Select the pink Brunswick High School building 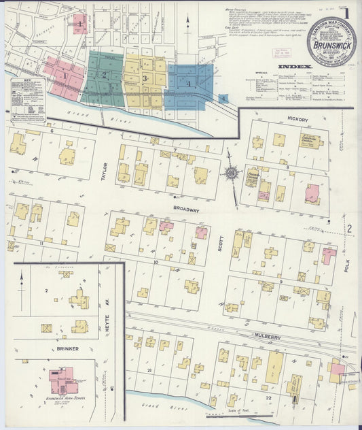(x=63, y=378)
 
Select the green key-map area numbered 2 (x=103, y=75)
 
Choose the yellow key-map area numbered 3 (x=145, y=79)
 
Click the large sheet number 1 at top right (x=346, y=12)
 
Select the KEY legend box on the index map (x=28, y=99)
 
